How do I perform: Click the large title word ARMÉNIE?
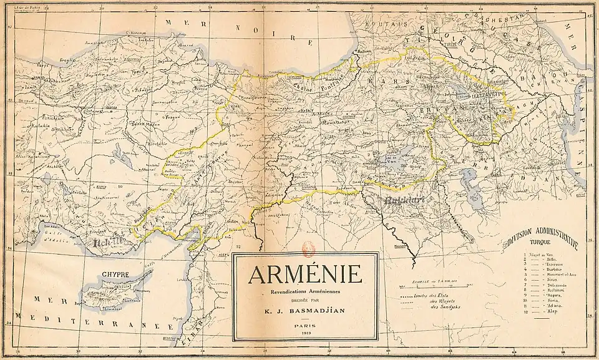click(305, 275)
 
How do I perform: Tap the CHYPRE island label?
click(117, 274)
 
